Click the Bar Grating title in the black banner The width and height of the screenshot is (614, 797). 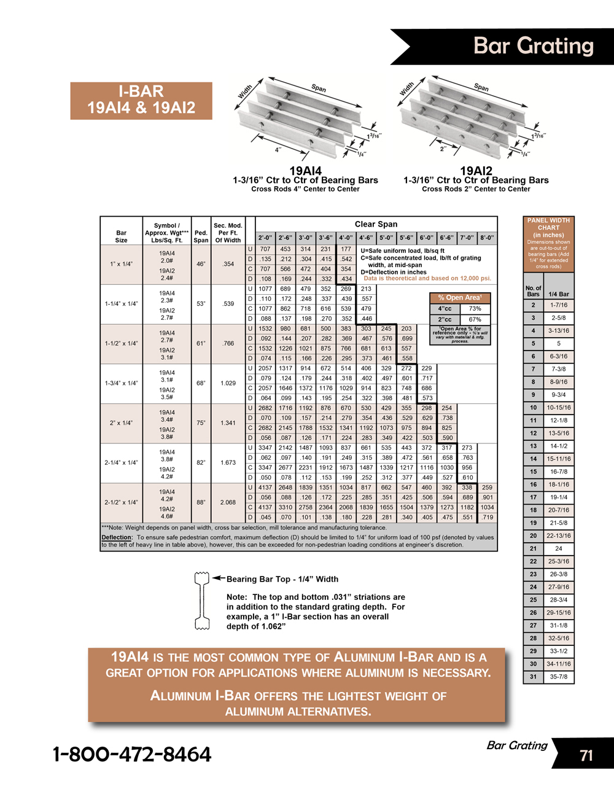click(x=534, y=46)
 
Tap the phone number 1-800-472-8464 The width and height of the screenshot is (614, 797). click(x=132, y=754)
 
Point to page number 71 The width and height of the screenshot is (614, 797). click(x=586, y=755)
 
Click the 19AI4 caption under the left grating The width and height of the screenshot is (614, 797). click(x=305, y=171)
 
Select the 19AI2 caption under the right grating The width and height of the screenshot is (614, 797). click(x=476, y=171)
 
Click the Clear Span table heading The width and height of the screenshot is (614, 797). click(x=376, y=224)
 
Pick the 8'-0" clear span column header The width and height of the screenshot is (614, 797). click(x=487, y=238)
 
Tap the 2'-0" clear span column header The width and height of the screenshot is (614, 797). click(x=265, y=238)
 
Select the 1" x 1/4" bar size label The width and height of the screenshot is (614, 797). click(x=121, y=264)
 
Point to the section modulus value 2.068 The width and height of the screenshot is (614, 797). click(x=228, y=502)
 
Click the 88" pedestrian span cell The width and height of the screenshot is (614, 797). click(x=201, y=502)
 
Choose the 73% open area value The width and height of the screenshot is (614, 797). click(x=475, y=309)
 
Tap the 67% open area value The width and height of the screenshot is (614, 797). click(x=475, y=319)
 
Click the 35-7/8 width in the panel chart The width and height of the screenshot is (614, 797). click(x=559, y=677)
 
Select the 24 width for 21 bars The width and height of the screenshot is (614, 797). click(x=559, y=548)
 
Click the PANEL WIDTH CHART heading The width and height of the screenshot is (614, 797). click(x=548, y=224)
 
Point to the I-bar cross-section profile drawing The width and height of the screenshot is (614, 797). click(x=202, y=601)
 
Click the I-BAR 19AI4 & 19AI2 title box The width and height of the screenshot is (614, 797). click(x=141, y=100)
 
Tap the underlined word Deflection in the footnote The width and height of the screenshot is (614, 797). click(x=117, y=537)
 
